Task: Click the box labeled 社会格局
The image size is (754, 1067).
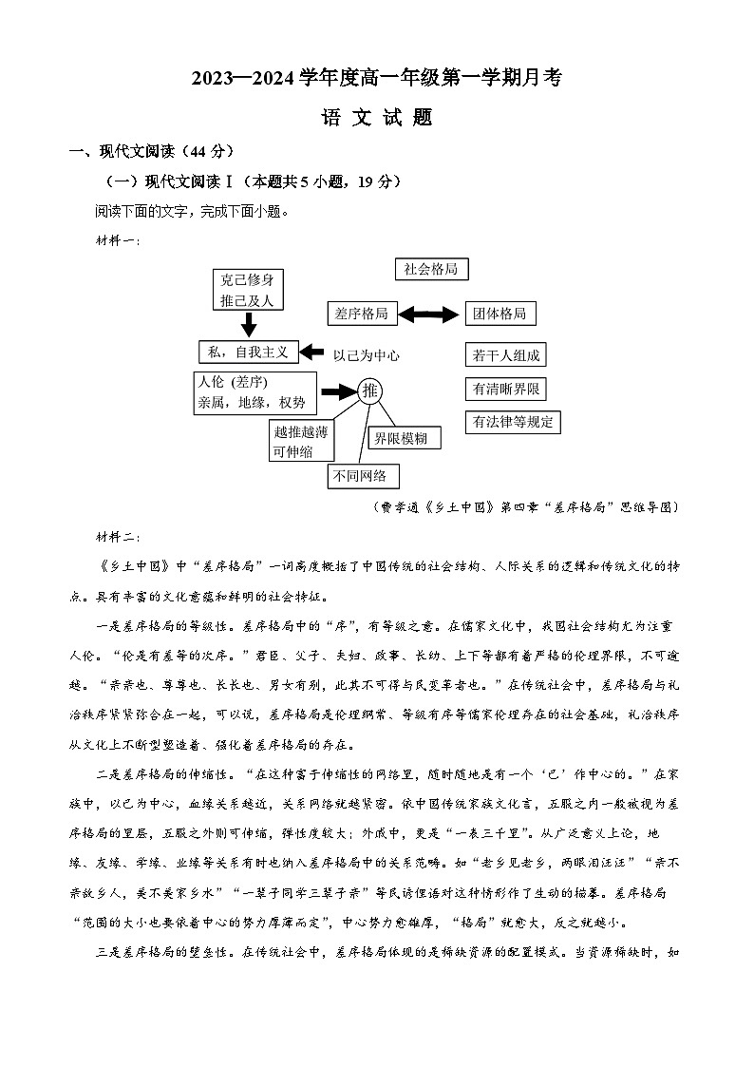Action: (431, 269)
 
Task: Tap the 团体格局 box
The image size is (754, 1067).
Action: (500, 314)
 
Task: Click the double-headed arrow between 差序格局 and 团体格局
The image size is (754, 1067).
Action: (430, 314)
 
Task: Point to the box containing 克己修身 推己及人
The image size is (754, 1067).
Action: (248, 290)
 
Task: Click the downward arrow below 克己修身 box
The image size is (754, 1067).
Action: (249, 325)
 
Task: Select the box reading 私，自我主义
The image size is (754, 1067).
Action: (248, 352)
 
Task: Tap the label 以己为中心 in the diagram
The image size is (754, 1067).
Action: (366, 355)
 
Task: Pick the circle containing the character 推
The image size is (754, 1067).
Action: (370, 391)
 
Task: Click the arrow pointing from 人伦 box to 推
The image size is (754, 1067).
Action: (337, 391)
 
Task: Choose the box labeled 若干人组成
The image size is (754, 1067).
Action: (506, 355)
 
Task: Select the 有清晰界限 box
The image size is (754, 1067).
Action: (506, 389)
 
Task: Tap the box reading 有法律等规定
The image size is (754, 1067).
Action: (513, 422)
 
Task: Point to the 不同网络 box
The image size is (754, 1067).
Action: (364, 476)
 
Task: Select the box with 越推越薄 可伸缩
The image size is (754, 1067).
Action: (300, 442)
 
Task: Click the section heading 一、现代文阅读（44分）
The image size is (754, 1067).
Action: (152, 151)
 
